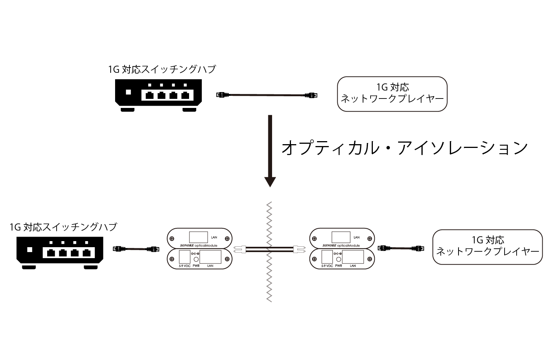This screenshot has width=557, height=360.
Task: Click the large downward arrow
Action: (270, 151)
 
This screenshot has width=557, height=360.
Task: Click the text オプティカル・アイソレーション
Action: (404, 148)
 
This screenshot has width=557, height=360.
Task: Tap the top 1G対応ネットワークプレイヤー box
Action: (392, 94)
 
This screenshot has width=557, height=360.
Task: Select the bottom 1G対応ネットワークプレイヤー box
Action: (487, 246)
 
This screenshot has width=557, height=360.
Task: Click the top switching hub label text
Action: (162, 69)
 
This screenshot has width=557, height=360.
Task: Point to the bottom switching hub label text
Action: (63, 227)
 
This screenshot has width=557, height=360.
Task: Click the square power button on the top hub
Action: (128, 92)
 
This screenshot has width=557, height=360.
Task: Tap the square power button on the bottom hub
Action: (30, 250)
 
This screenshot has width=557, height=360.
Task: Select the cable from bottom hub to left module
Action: (135, 249)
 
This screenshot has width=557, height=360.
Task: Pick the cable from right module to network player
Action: (400, 248)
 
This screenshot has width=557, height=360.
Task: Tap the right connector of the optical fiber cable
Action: (297, 249)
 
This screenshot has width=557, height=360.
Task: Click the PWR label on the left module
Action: (195, 266)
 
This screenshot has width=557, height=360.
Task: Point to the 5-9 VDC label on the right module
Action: (327, 266)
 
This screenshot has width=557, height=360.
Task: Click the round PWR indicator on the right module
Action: (339, 259)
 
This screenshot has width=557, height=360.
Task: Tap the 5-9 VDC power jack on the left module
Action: (184, 258)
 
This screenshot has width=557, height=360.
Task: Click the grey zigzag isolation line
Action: (269, 287)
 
